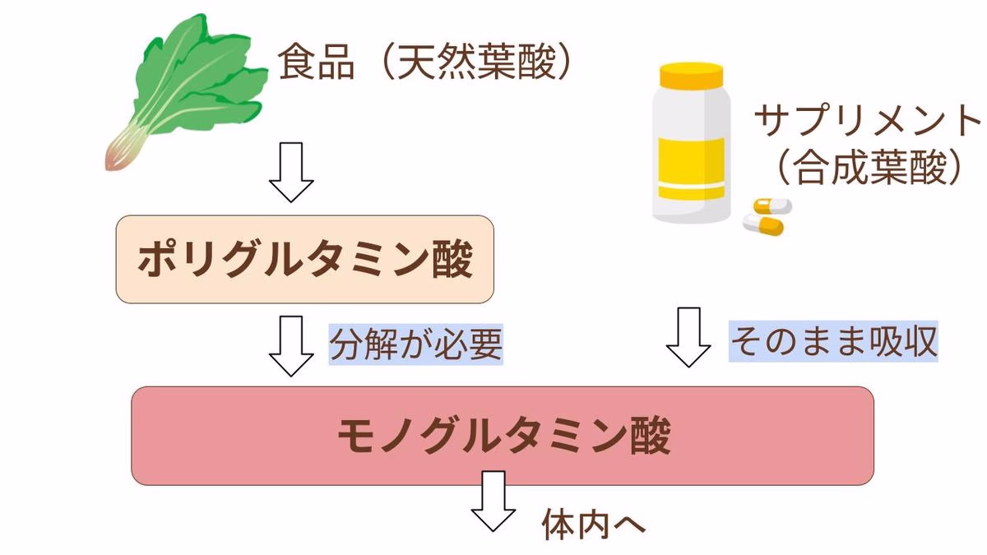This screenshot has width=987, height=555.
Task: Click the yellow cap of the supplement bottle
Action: click(x=692, y=77)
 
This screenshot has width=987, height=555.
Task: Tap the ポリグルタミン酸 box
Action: click(x=304, y=260)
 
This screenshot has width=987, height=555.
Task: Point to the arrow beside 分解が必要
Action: click(x=291, y=345)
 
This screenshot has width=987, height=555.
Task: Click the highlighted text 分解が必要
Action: click(x=416, y=345)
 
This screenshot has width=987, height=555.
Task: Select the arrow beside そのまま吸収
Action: click(x=688, y=337)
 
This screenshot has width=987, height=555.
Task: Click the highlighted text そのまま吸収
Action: click(x=833, y=341)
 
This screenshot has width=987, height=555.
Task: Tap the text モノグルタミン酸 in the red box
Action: click(x=503, y=436)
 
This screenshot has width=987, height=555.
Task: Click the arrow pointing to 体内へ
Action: click(x=493, y=502)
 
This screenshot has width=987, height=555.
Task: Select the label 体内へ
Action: click(x=594, y=524)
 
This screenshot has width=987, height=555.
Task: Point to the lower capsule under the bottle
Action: click(x=764, y=224)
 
